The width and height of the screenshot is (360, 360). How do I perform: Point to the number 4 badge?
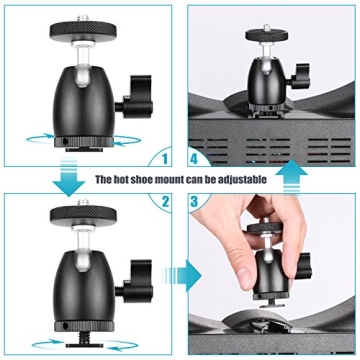[x=197, y=156]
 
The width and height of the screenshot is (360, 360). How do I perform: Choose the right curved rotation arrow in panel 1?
[x=125, y=140]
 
